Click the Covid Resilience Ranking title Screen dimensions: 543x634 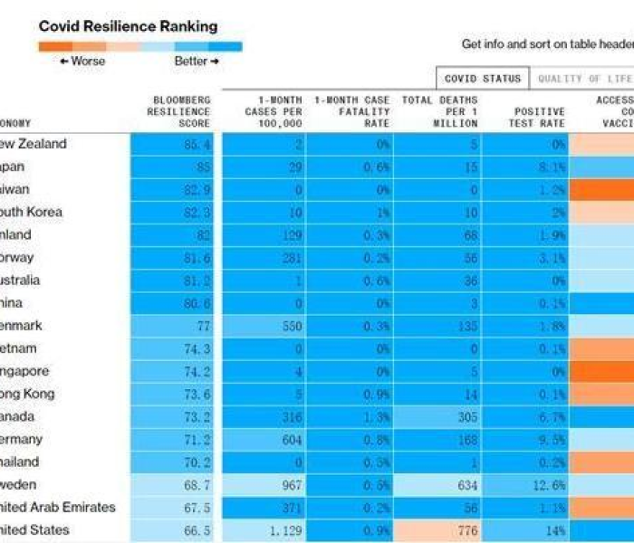(128, 26)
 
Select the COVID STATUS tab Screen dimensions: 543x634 (482, 79)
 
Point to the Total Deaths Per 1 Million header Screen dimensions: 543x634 (437, 111)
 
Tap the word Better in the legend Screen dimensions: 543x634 (191, 62)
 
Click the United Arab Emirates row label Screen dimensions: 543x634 (58, 507)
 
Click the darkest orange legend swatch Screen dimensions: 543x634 (56, 46)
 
